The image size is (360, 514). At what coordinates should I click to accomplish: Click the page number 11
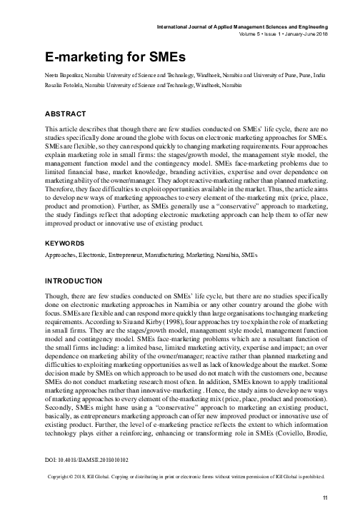[324, 498]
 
